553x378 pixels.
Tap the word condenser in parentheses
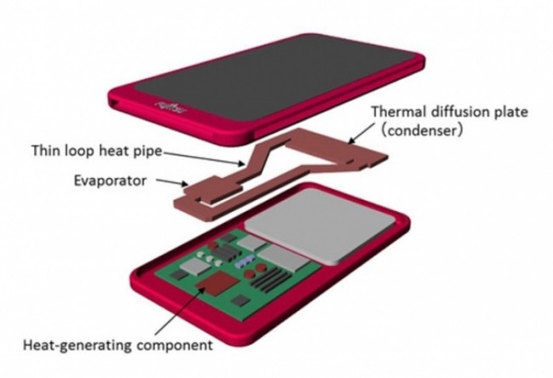pyautogui.click(x=421, y=131)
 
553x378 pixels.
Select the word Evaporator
pyautogui.click(x=110, y=180)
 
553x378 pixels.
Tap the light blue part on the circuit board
pyautogui.click(x=245, y=261)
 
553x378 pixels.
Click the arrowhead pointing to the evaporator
pyautogui.click(x=184, y=184)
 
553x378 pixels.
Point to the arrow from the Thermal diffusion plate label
pyautogui.click(x=360, y=134)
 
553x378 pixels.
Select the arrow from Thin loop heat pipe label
pyautogui.click(x=203, y=158)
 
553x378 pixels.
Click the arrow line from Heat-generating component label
pyautogui.click(x=180, y=311)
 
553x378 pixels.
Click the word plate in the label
pyautogui.click(x=508, y=112)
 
